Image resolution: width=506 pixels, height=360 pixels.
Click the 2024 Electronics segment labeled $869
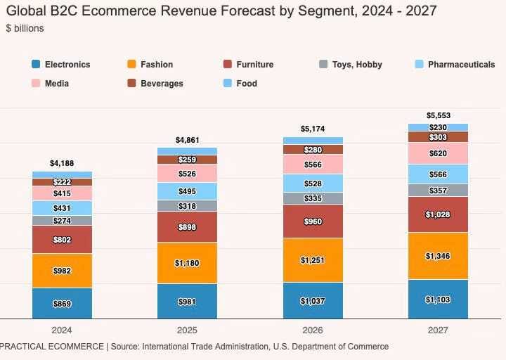pyautogui.click(x=62, y=304)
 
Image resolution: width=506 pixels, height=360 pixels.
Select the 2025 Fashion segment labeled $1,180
pyautogui.click(x=187, y=263)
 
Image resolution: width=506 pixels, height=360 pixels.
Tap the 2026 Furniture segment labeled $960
pyautogui.click(x=313, y=221)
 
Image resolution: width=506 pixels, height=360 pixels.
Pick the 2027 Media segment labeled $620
pyautogui.click(x=438, y=153)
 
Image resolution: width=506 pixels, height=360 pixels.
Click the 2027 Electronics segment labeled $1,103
pyautogui.click(x=438, y=300)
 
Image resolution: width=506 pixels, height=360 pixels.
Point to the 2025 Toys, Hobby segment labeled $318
pyautogui.click(x=187, y=206)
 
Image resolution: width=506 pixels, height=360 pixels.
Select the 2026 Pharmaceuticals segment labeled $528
pyautogui.click(x=313, y=184)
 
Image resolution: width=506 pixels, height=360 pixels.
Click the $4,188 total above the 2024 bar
pyautogui.click(x=62, y=163)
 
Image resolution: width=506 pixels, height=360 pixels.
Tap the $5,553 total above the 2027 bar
pyautogui.click(x=438, y=115)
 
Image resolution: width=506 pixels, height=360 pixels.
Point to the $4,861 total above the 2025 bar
pyautogui.click(x=187, y=140)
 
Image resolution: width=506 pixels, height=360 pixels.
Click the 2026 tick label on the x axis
pyautogui.click(x=313, y=330)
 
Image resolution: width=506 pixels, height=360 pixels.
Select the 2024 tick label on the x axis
pyautogui.click(x=62, y=330)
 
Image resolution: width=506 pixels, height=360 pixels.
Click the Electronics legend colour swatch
pyautogui.click(x=36, y=65)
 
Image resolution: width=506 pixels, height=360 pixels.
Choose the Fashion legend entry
pyautogui.click(x=156, y=65)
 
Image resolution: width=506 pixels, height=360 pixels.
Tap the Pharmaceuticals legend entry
pyautogui.click(x=461, y=65)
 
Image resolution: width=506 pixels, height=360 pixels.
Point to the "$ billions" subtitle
pyautogui.click(x=24, y=28)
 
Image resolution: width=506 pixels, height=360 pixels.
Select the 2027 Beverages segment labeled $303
pyautogui.click(x=438, y=137)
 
